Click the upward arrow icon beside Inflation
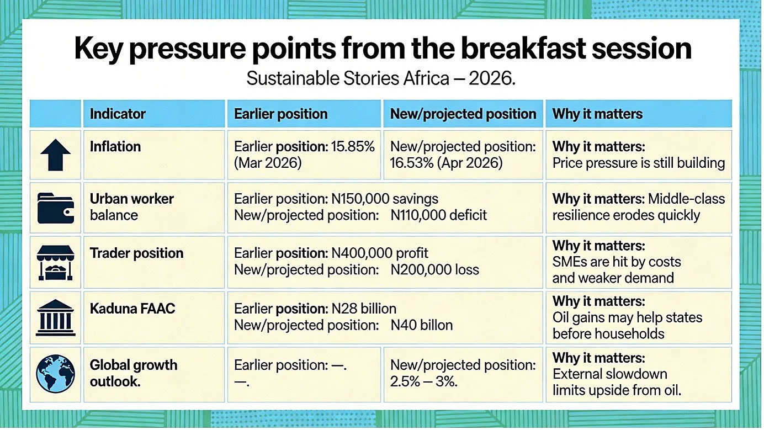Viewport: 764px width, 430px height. [x=55, y=155]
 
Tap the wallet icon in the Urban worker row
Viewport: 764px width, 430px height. [x=56, y=208]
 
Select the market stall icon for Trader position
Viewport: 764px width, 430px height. [x=55, y=263]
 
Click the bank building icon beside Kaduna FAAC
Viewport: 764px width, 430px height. [x=55, y=317]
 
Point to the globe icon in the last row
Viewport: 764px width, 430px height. [x=55, y=374]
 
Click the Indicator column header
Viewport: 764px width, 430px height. [x=118, y=114]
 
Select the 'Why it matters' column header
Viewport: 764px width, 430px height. [x=597, y=114]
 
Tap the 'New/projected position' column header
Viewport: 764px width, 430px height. [x=463, y=114]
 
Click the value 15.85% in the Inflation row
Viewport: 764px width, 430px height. [x=353, y=147]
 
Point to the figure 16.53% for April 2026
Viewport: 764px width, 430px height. [x=412, y=163]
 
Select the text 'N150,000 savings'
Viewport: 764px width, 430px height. [x=385, y=199]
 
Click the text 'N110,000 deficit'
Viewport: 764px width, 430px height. [x=439, y=215]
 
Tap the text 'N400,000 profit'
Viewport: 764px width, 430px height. [x=380, y=253]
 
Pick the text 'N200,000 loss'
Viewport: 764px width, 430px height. [x=435, y=270]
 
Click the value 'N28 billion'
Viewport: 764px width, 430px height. [x=364, y=309]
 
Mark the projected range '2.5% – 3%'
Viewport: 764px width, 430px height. [x=423, y=381]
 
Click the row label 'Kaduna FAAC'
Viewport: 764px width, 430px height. [x=132, y=309]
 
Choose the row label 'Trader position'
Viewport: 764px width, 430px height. [x=136, y=253]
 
